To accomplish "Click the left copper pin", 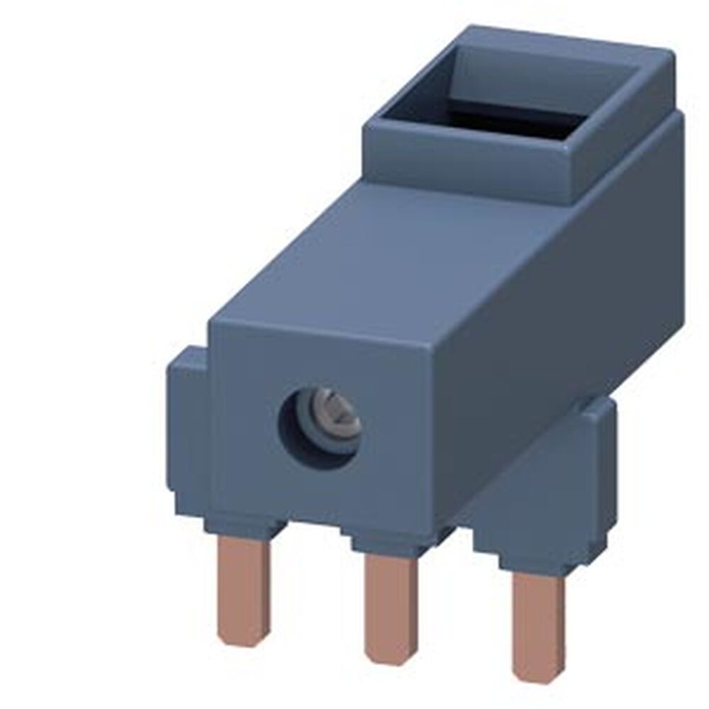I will (242, 588).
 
